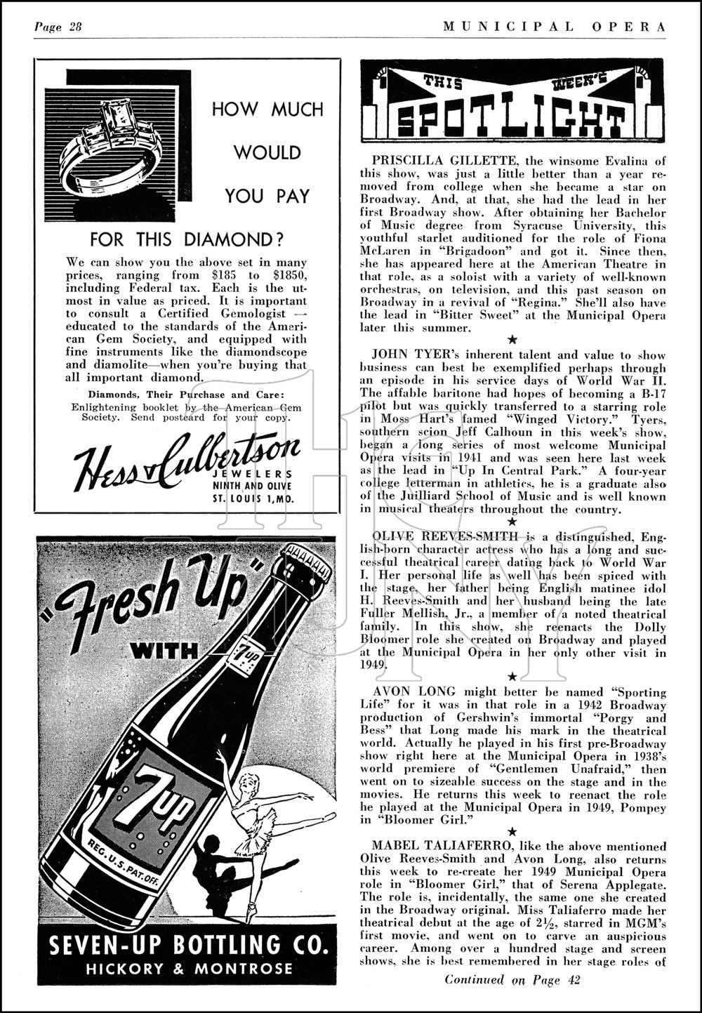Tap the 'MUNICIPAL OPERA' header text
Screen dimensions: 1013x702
point(555,27)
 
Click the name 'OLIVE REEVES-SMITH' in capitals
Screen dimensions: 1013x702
point(439,537)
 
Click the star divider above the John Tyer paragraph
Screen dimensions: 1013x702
point(512,340)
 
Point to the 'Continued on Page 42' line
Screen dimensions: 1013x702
point(512,980)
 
